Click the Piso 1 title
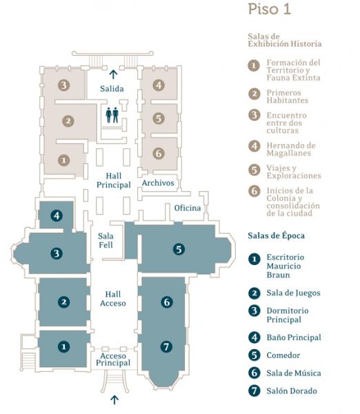pos(270,9)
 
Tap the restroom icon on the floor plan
pos(112,115)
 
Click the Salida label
pos(112,88)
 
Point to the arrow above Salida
pos(114,75)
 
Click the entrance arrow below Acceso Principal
pos(114,400)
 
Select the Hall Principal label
pos(114,180)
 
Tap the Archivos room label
pos(158,183)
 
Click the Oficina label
pos(188,208)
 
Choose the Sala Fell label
pos(106,240)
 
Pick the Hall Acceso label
pos(113,299)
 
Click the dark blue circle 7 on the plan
pos(166,346)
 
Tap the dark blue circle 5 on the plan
pos(179,249)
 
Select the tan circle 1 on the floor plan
pos(63,160)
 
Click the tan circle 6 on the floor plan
pos(159,153)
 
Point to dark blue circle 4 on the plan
pos(57,216)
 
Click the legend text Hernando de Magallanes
pos(291,149)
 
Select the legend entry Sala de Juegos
pos(293,293)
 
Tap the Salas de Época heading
pos(276,235)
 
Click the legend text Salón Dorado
pos(292,391)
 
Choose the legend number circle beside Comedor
pos(254,355)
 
